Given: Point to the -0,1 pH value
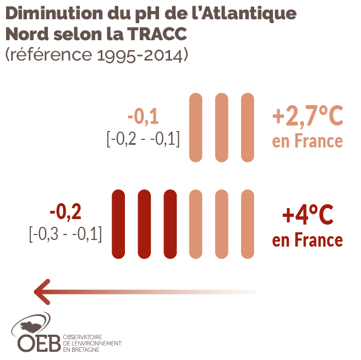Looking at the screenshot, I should pyautogui.click(x=143, y=117).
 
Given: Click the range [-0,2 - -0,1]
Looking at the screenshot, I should pyautogui.click(x=143, y=139).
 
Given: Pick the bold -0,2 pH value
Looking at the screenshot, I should pyautogui.click(x=65, y=212).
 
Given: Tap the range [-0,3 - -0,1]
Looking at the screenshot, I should pyautogui.click(x=65, y=234).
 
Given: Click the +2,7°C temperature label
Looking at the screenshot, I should pyautogui.click(x=308, y=117).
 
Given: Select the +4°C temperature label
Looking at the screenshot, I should pyautogui.click(x=308, y=215).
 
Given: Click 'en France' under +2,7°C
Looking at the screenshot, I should pyautogui.click(x=308, y=141).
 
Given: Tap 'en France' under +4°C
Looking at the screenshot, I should pyautogui.click(x=308, y=240).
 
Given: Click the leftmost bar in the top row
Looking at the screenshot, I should pyautogui.click(x=195, y=128).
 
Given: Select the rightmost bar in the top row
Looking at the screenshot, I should pyautogui.click(x=248, y=128).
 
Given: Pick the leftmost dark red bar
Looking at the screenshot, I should pyautogui.click(x=118, y=224).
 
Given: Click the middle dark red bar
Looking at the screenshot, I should pyautogui.click(x=144, y=224).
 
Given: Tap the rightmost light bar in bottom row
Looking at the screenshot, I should pyautogui.click(x=248, y=224).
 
